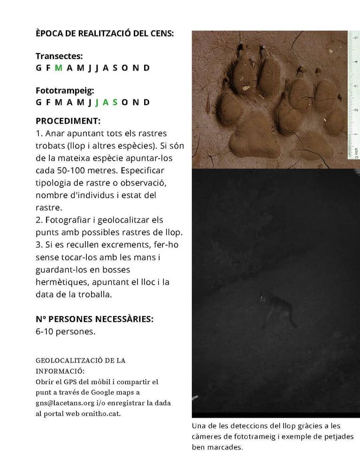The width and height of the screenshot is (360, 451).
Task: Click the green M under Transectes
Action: [59, 68]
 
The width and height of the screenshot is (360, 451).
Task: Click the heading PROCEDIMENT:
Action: [68, 121]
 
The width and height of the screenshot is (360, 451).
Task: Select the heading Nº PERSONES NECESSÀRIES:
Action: [94, 319]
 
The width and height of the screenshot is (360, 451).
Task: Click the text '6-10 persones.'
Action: [65, 332]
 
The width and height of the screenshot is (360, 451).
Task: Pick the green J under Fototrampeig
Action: [97, 102]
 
